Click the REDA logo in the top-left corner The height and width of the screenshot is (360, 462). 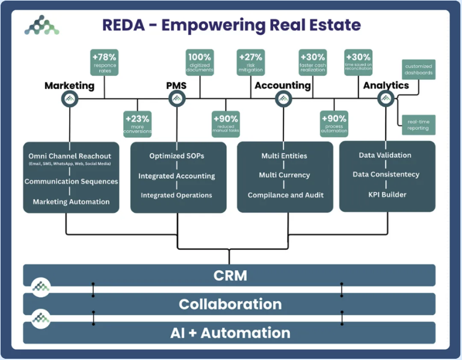pyautogui.click(x=42, y=25)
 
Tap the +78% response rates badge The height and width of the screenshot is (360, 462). pyautogui.click(x=105, y=62)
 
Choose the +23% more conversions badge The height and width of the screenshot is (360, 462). pyautogui.click(x=138, y=123)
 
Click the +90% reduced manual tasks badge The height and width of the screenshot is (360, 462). pyautogui.click(x=226, y=123)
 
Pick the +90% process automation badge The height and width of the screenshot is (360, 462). pyautogui.click(x=334, y=123)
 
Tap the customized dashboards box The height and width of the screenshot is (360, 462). pyautogui.click(x=419, y=69)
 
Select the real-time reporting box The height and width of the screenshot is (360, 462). pyautogui.click(x=419, y=125)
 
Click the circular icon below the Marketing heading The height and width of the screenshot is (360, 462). pyautogui.click(x=70, y=99)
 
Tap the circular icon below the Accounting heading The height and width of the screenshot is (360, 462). pyautogui.click(x=283, y=99)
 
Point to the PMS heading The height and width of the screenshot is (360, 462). pyautogui.click(x=176, y=85)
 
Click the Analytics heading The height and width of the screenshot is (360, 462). pyautogui.click(x=386, y=85)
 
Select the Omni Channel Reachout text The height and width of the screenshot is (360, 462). pyautogui.click(x=70, y=157)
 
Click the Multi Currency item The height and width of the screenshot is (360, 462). pyautogui.click(x=285, y=175)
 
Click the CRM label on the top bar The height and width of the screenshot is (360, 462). pyautogui.click(x=230, y=276)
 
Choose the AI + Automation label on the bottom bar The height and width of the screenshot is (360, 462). pyautogui.click(x=230, y=332)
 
